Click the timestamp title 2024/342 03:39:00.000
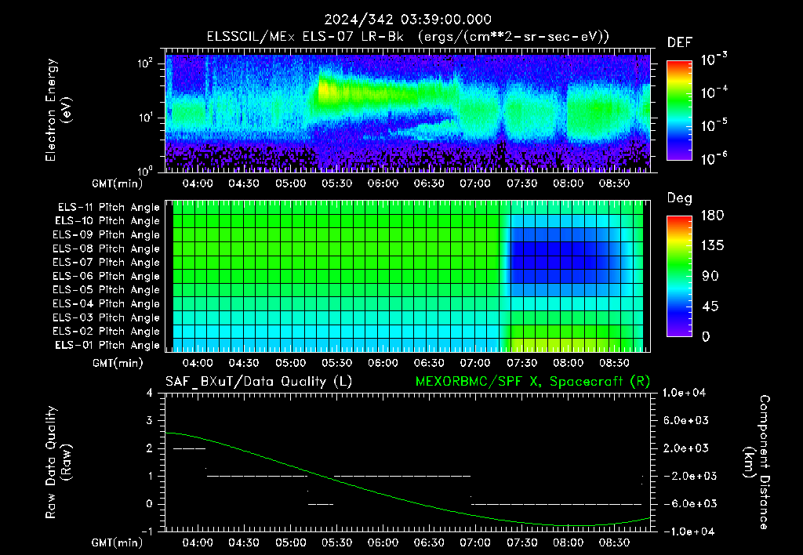pos(408,20)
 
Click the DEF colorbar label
pos(680,42)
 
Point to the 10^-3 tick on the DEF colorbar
pos(714,60)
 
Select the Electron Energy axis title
pos(58,110)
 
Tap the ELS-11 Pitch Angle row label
pos(108,208)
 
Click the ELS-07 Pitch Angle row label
pos(106,262)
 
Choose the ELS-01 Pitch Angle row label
pos(107,345)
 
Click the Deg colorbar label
pos(680,198)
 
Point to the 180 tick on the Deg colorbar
pos(712,215)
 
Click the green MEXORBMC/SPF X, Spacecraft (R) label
pos(532,382)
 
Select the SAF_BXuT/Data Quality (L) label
pos(259,382)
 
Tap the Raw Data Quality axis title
pos(58,462)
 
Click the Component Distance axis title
pos(757,462)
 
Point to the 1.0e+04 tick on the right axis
pos(684,393)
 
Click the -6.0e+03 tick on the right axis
pos(685,504)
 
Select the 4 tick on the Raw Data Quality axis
pos(149,393)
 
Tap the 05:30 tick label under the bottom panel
pos(336,542)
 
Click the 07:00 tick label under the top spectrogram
pos(474,183)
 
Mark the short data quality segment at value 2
pos(189,448)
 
